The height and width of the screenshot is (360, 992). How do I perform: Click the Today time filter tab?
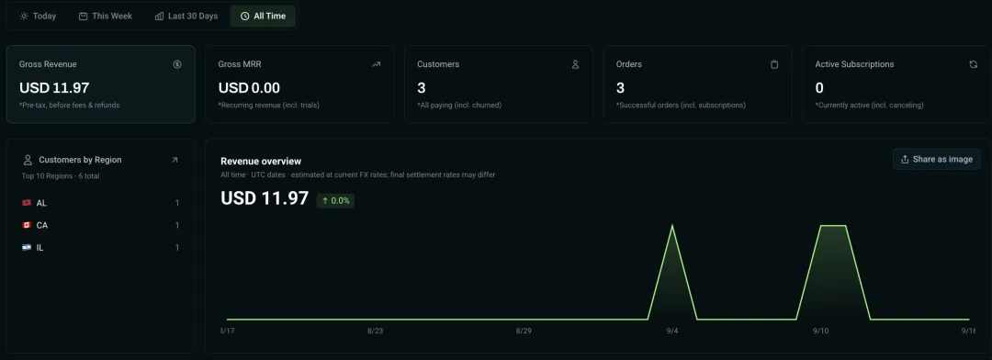point(38,16)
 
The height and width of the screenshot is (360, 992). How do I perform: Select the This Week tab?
point(106,16)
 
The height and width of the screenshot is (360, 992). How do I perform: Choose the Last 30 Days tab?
point(186,16)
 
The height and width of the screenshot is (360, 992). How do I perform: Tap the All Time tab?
point(264,16)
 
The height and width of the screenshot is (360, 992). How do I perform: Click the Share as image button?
point(937,160)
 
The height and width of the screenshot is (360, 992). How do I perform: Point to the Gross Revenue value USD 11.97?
point(54,88)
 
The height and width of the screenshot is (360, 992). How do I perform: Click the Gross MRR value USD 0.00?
point(249,88)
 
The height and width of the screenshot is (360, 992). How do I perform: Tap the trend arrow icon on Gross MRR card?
point(377,64)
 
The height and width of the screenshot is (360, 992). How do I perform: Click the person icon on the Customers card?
point(575,64)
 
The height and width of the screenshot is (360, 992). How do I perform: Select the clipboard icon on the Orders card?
point(774,64)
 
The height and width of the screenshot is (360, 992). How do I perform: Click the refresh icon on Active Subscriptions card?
point(973,64)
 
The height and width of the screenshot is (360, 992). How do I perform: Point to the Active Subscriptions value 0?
point(819,88)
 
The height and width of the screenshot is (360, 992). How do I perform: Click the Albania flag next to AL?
point(27,203)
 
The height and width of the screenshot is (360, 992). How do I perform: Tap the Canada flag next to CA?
point(27,225)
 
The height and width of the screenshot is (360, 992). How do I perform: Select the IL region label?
point(39,247)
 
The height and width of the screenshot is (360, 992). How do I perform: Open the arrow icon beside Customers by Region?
point(175,160)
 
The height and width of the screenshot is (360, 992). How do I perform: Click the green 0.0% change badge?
point(335,200)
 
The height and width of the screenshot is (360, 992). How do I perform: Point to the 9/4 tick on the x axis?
point(671,331)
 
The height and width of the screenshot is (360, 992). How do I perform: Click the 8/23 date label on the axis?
point(375,331)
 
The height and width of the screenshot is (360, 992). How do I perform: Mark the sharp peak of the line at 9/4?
point(671,225)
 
